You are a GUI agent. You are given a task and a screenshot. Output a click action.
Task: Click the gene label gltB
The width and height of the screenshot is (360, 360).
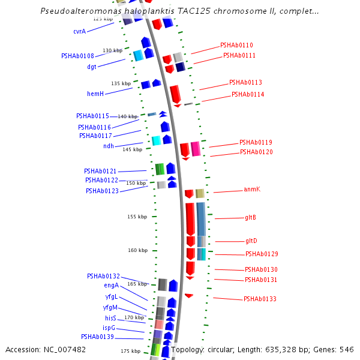pos(251,217)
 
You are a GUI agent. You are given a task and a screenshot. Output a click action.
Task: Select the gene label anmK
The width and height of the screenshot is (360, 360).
pos(252,190)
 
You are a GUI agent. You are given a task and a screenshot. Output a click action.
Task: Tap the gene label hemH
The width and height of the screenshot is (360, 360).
pos(95,94)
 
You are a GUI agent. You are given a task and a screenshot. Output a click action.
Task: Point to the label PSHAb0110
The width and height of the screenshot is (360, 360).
pos(236,45)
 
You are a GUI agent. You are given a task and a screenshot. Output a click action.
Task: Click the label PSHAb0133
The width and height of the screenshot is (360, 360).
pos(260,299)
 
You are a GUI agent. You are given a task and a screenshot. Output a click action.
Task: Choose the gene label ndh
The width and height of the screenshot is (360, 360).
pos(109,146)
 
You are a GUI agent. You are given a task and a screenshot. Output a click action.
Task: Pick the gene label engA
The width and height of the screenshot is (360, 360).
pos(111,286)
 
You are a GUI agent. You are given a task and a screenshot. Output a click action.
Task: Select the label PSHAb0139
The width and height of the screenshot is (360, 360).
pos(97,337)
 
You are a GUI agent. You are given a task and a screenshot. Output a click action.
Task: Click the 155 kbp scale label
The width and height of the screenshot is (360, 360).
pos(137,217)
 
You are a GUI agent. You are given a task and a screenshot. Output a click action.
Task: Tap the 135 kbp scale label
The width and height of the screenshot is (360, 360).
pos(121,83)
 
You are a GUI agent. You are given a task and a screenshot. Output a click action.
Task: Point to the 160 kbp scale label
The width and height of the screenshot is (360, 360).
pos(137,250)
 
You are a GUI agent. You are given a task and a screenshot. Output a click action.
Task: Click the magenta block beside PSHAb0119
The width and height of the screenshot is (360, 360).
pos(196,149)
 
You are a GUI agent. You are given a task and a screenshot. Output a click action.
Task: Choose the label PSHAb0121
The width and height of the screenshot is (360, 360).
pos(100,171)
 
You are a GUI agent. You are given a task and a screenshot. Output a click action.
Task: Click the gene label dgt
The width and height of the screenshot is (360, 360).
pos(92,67)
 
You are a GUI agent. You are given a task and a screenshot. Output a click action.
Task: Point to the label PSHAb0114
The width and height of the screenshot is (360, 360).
pos(248,95)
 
